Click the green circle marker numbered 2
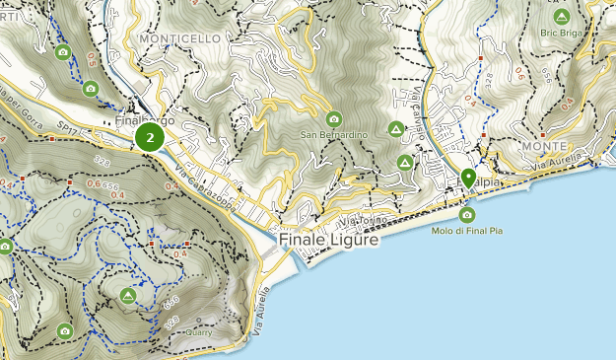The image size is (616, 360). click(x=150, y=138)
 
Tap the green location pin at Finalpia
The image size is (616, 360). click(x=467, y=179)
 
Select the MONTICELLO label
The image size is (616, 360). click(x=180, y=38)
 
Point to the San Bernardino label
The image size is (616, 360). click(x=334, y=135)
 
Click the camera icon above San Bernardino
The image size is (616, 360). click(x=333, y=118)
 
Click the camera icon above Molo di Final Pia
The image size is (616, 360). click(x=467, y=214)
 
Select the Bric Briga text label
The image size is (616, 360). click(x=563, y=32)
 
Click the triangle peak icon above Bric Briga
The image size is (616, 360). click(x=562, y=16)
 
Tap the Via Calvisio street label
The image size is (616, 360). click(x=419, y=109)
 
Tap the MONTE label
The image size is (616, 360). click(x=544, y=146)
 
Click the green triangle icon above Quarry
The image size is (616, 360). click(x=127, y=296)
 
